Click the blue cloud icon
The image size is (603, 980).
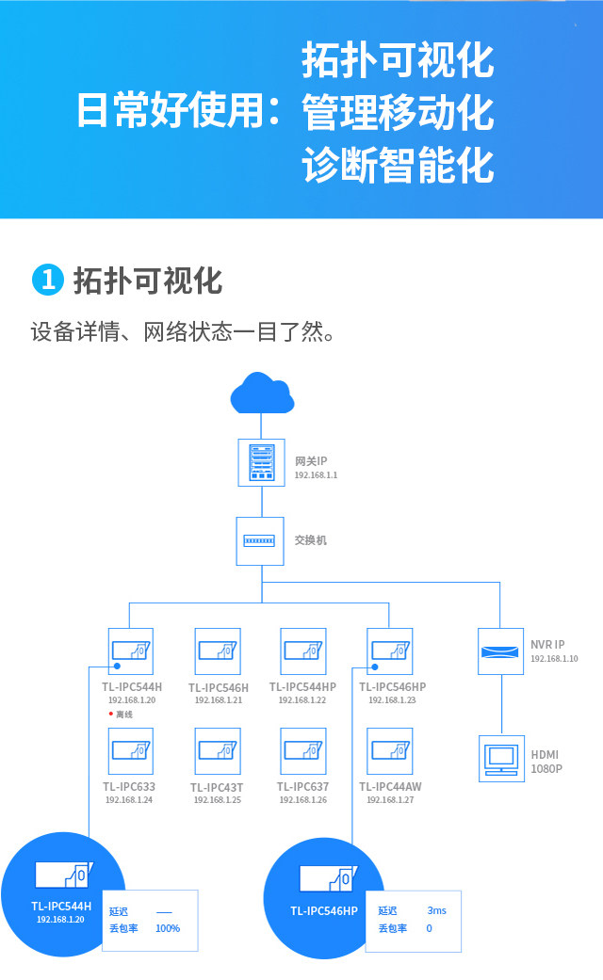(x=262, y=394)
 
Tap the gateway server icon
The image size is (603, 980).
(x=261, y=462)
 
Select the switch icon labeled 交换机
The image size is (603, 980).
(x=260, y=541)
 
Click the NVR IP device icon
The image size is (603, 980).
(x=500, y=651)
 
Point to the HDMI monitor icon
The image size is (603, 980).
(x=500, y=758)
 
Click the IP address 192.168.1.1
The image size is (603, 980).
(x=316, y=475)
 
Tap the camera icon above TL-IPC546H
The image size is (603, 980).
(x=218, y=651)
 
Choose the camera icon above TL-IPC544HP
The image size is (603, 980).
(x=303, y=651)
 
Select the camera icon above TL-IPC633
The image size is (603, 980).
(x=130, y=750)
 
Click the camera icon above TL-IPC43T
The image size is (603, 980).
(x=218, y=750)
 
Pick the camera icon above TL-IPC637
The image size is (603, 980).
(x=303, y=750)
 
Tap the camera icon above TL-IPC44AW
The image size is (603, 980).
(x=390, y=750)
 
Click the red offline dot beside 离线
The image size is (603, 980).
(x=110, y=715)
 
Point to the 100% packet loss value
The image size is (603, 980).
(x=168, y=928)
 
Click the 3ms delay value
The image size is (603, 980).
(x=436, y=910)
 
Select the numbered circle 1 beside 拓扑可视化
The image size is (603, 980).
(x=47, y=280)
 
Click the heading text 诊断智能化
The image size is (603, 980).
(x=398, y=166)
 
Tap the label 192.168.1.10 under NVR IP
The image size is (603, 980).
(x=554, y=659)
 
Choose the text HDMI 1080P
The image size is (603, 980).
(x=546, y=762)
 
